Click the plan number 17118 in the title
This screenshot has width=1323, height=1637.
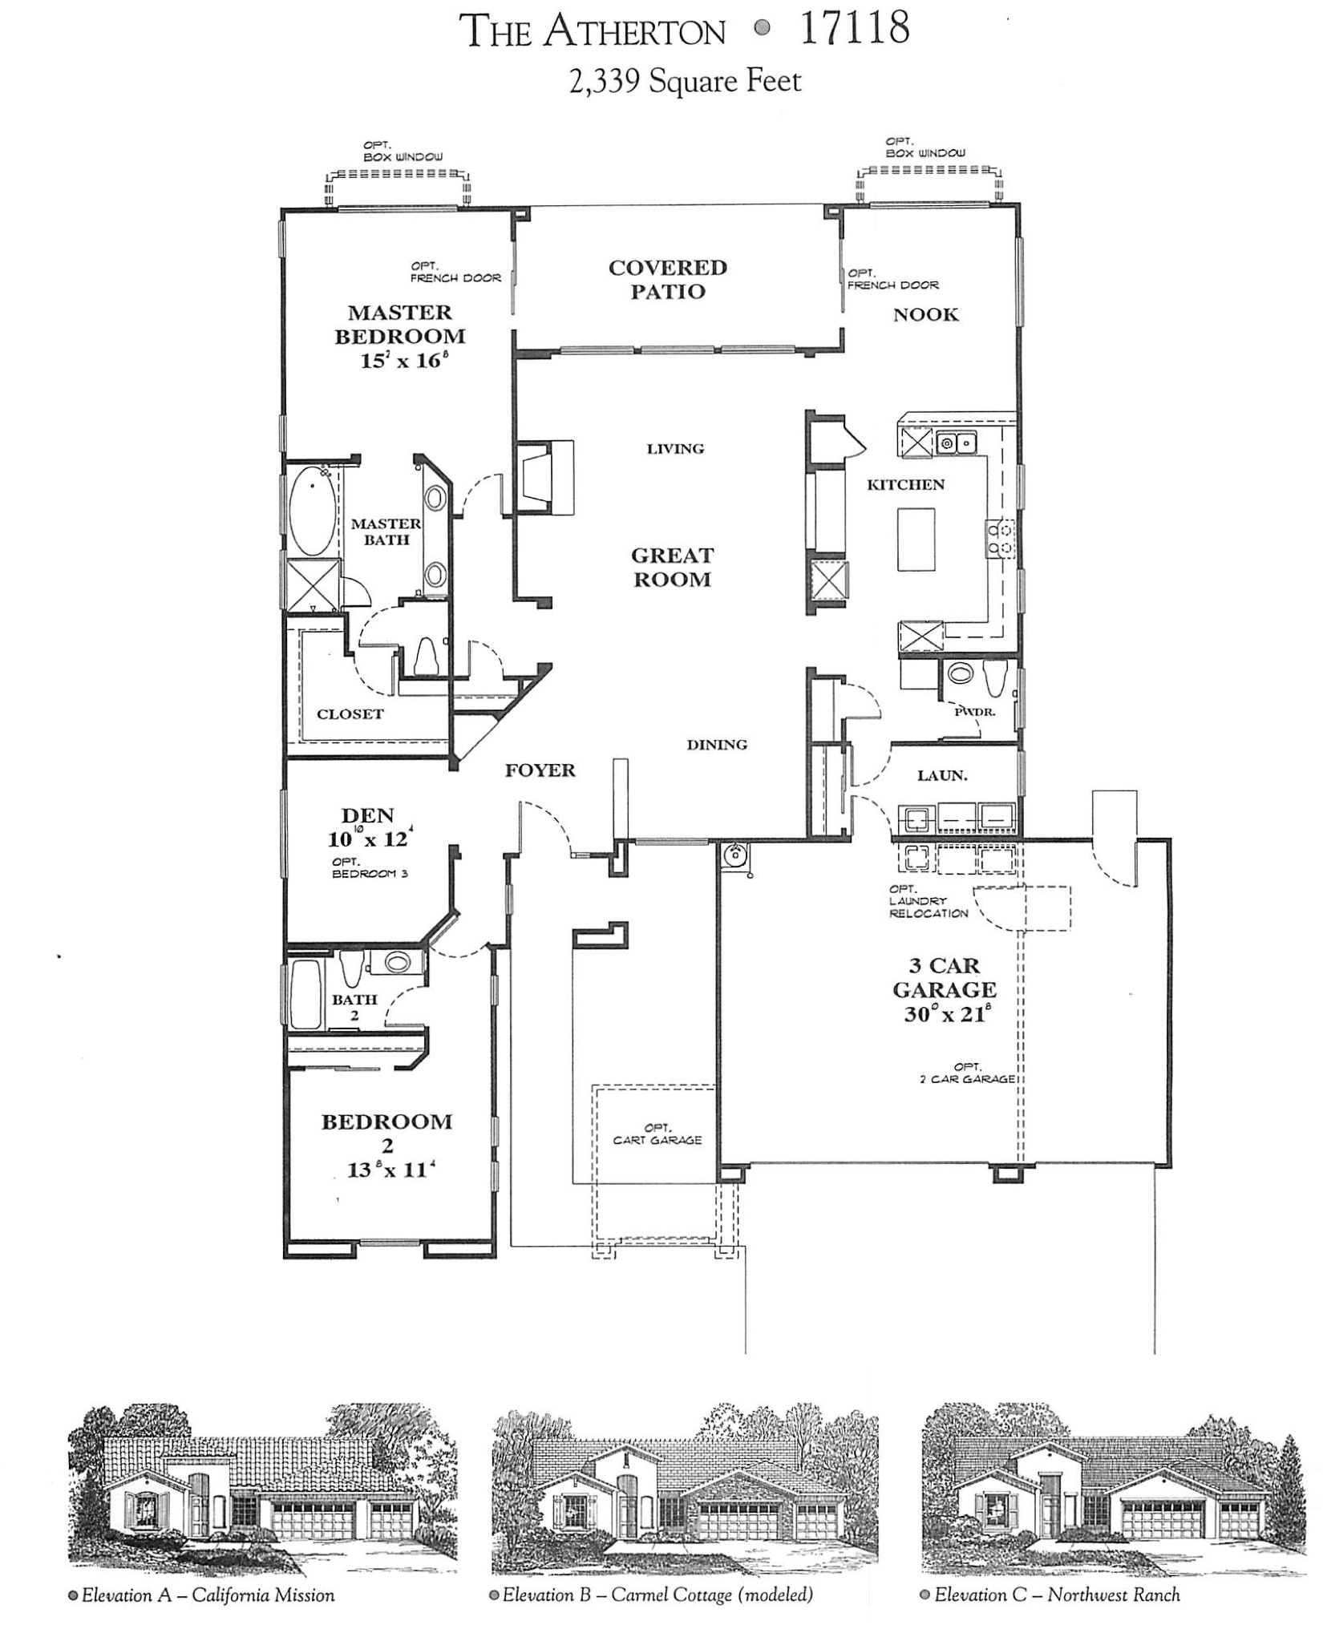click(x=854, y=30)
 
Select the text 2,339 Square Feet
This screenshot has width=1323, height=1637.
click(x=685, y=81)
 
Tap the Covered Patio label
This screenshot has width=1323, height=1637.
click(x=667, y=279)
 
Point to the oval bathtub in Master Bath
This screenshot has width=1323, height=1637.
click(x=310, y=512)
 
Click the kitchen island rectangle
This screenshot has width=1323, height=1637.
click(x=916, y=539)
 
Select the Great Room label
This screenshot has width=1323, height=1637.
click(x=672, y=567)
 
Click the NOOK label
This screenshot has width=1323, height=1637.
click(x=925, y=314)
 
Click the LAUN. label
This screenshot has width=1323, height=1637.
click(x=942, y=775)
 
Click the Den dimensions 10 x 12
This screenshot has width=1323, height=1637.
click(x=369, y=839)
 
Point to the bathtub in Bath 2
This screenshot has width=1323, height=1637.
click(x=305, y=994)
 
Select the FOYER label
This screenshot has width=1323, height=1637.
click(x=540, y=770)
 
